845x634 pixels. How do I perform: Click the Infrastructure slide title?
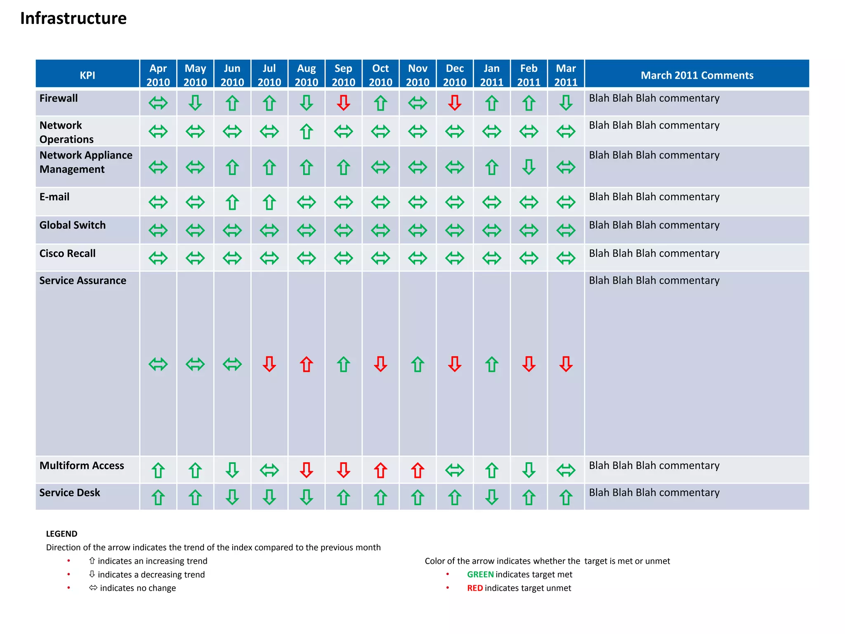[x=73, y=19]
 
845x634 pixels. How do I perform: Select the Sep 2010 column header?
[x=343, y=75]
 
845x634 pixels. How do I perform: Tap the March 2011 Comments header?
[x=696, y=75]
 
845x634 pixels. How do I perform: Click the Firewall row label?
[x=59, y=98]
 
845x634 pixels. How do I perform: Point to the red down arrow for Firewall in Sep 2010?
[x=343, y=103]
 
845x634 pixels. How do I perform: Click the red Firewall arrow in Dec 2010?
[x=455, y=103]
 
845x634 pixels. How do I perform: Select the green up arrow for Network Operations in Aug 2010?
[x=306, y=132]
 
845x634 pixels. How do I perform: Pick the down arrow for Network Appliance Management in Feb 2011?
[x=529, y=167]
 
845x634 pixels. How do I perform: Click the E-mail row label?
[x=54, y=197]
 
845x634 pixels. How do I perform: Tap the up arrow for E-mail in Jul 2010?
[x=269, y=202]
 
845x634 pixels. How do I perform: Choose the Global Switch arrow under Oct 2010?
[x=380, y=230]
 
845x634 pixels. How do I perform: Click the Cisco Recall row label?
[x=67, y=253]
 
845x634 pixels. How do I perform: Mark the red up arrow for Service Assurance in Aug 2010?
[x=306, y=364]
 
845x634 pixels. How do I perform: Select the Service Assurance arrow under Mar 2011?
[x=566, y=364]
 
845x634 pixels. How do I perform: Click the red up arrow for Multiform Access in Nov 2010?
[x=418, y=470]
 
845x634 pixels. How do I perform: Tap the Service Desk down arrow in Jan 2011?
[x=492, y=497]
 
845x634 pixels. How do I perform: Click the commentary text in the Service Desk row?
[x=654, y=492]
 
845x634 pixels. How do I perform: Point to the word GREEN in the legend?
[x=480, y=574]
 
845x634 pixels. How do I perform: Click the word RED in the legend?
[x=474, y=588]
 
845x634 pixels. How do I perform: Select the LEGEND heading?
[x=61, y=534]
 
